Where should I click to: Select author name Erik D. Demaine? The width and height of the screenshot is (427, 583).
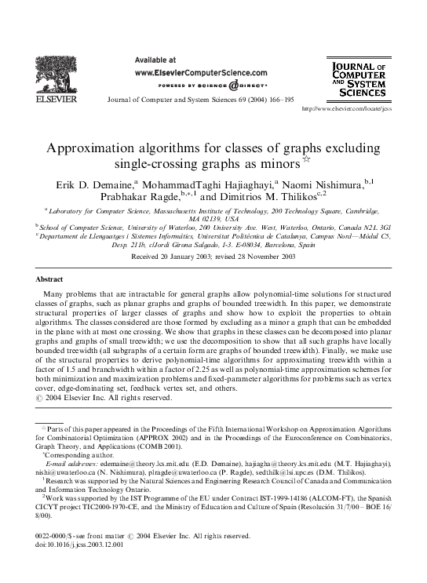point(90,184)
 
